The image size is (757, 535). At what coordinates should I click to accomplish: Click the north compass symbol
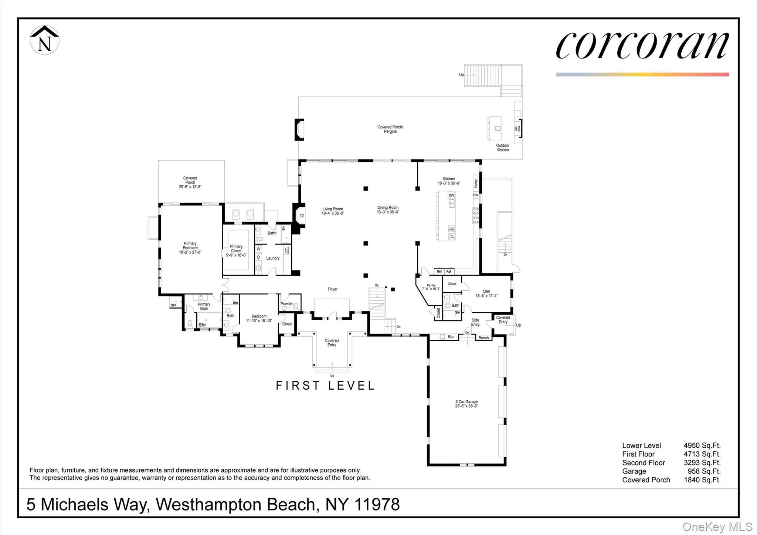pyautogui.click(x=44, y=40)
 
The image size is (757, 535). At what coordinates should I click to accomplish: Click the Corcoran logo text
pyautogui.click(x=642, y=46)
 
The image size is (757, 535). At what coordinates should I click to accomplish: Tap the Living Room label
pyautogui.click(x=333, y=211)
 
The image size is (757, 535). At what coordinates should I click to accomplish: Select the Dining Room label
pyautogui.click(x=388, y=210)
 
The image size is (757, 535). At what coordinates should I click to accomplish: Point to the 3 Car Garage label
pyautogui.click(x=466, y=404)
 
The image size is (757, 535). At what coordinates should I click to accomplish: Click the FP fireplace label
pyautogui.click(x=302, y=216)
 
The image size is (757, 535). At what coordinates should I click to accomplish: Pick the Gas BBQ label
pyautogui.click(x=517, y=128)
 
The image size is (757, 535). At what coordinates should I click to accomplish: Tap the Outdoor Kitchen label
pyautogui.click(x=502, y=148)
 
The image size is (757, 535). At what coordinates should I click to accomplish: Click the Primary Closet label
pyautogui.click(x=236, y=250)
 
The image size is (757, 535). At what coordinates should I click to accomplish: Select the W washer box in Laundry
pyautogui.click(x=258, y=249)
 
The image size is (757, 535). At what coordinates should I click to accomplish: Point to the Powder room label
pyautogui.click(x=286, y=304)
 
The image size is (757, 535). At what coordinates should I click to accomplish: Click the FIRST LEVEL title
pyautogui.click(x=325, y=386)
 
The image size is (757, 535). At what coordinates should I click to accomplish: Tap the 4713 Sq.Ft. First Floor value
pyautogui.click(x=702, y=454)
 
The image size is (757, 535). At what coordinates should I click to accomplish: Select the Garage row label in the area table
pyautogui.click(x=634, y=471)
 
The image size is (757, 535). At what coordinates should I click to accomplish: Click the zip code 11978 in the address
pyautogui.click(x=377, y=504)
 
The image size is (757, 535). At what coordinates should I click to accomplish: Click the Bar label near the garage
pyautogui.click(x=451, y=337)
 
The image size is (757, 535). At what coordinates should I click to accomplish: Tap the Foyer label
pyautogui.click(x=333, y=289)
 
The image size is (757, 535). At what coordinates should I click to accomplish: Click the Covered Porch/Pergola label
pyautogui.click(x=390, y=129)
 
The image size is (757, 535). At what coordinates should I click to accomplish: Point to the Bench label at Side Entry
pyautogui.click(x=483, y=338)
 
